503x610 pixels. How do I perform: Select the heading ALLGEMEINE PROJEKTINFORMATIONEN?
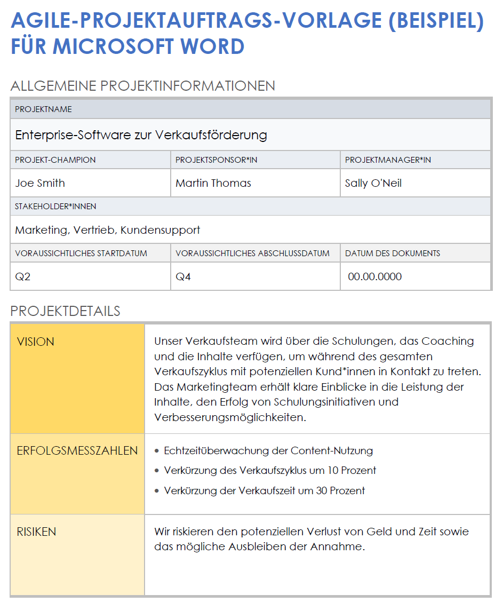[142, 86]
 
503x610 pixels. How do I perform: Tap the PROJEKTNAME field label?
[43, 109]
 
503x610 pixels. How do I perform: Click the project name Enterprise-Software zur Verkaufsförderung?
[141, 135]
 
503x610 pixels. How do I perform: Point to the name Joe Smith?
[40, 183]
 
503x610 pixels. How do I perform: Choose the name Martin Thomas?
[213, 183]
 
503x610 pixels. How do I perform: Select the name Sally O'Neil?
[373, 183]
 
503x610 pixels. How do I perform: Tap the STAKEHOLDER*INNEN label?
[55, 207]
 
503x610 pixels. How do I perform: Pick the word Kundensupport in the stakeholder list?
[160, 230]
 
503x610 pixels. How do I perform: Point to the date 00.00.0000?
[375, 277]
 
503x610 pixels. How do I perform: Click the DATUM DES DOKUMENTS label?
[393, 253]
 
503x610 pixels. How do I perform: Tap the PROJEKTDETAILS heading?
[65, 311]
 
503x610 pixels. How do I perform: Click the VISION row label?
[35, 342]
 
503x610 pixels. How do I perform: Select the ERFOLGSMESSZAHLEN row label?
[77, 451]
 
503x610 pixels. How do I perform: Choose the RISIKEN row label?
[36, 532]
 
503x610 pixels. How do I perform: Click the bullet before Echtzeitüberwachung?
[156, 451]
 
